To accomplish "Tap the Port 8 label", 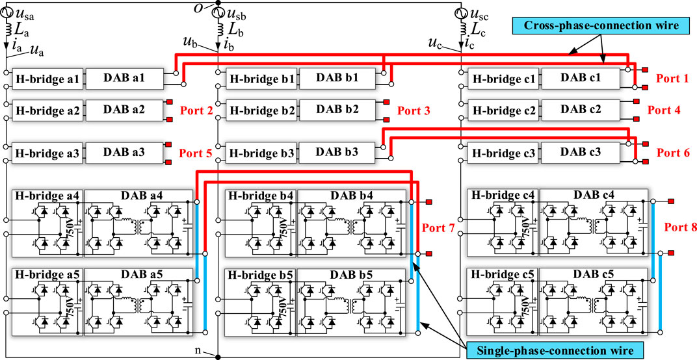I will click(x=679, y=228).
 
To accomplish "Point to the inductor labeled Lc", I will click(x=463, y=30).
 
